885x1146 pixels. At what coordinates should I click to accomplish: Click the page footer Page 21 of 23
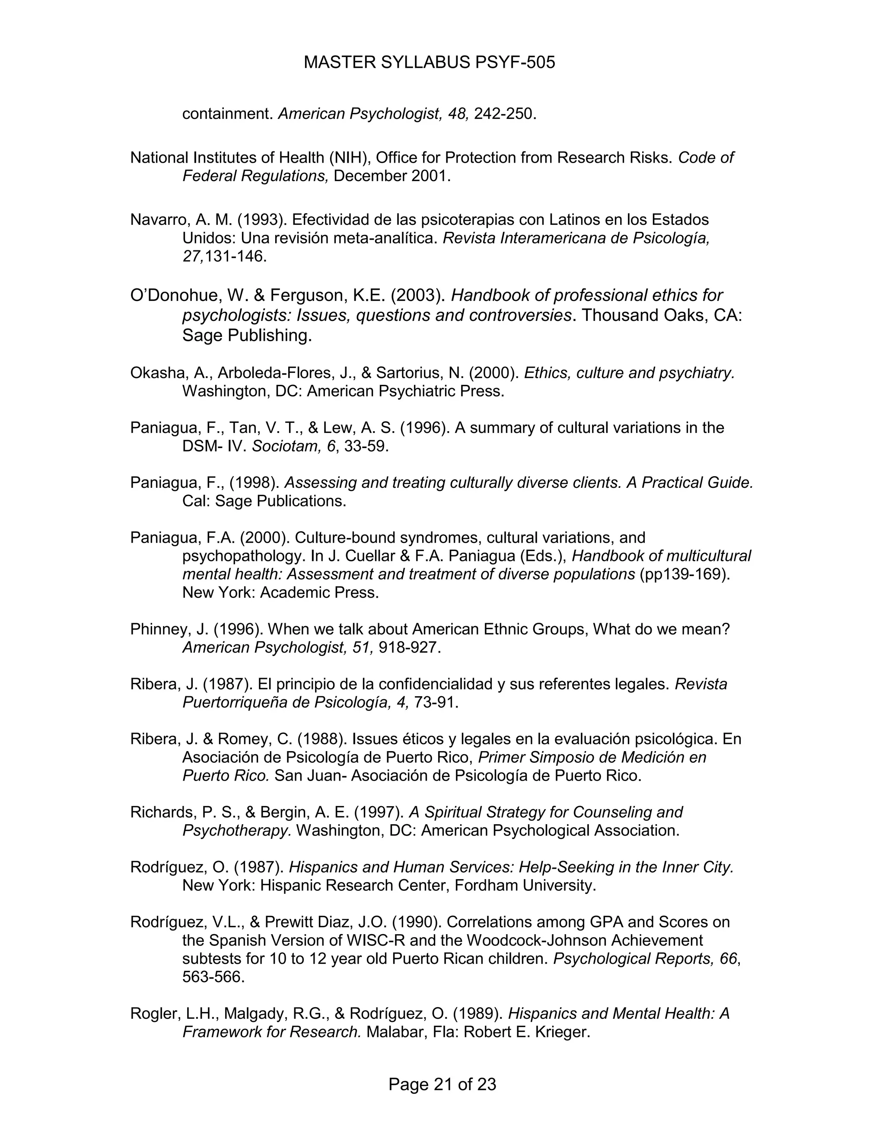(442, 1084)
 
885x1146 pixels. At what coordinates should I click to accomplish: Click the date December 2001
(391, 176)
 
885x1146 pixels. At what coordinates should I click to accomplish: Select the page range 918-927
(407, 647)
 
